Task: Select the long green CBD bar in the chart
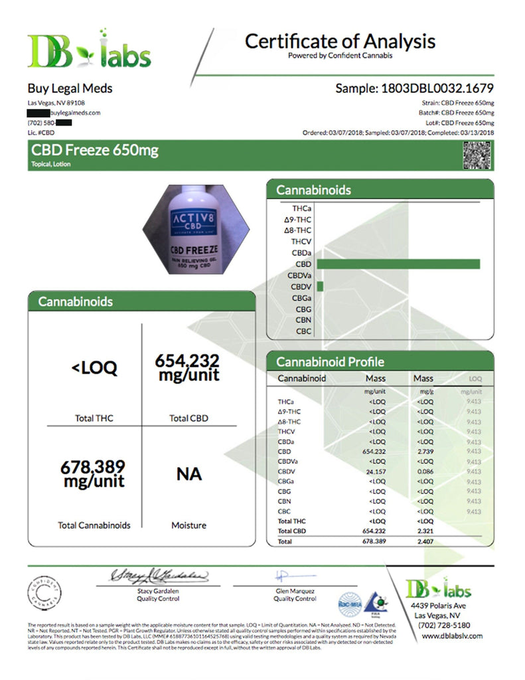coord(398,264)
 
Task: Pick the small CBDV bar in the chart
coord(320,287)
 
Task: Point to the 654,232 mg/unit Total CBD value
coord(187,367)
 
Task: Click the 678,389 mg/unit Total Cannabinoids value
coord(93,473)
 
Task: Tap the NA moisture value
coord(188,474)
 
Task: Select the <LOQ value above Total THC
coord(94,368)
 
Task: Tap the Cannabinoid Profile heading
coord(330,362)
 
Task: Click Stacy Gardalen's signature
coord(159,574)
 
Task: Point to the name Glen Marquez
coord(295,590)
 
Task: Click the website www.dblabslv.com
coord(453,636)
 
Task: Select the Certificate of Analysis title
coord(340,41)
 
